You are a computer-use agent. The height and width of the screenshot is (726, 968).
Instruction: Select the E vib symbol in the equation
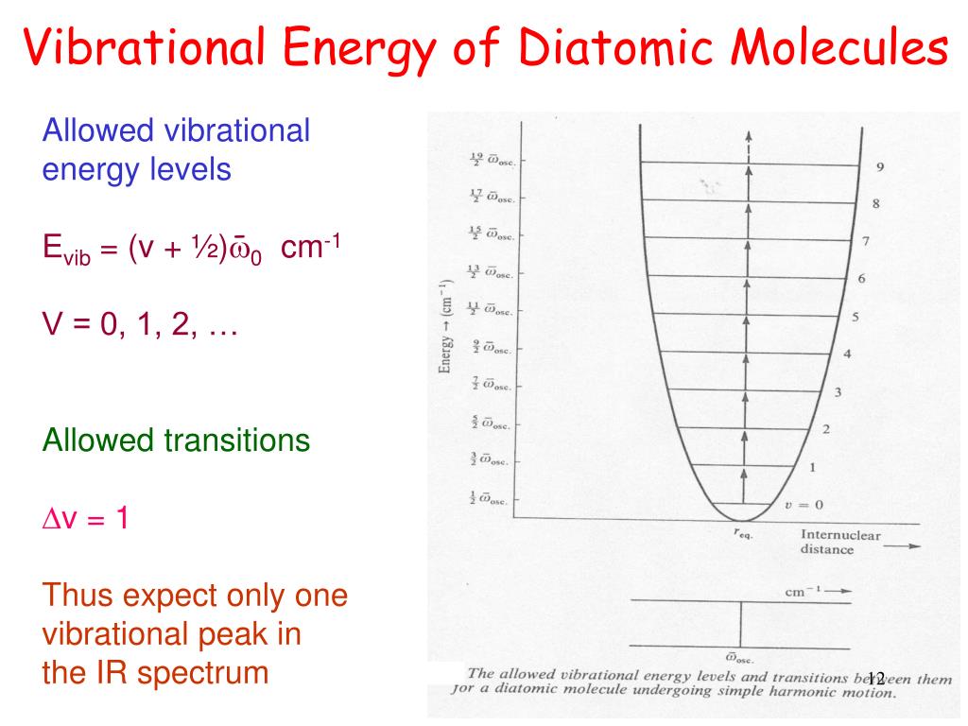pos(65,251)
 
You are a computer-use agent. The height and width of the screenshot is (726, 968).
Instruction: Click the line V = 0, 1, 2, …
pos(140,327)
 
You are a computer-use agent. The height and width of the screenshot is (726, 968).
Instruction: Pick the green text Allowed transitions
pos(177,440)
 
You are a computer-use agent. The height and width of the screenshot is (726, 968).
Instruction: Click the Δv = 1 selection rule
pos(86,518)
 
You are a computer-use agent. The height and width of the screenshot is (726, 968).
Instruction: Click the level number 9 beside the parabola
pos(880,167)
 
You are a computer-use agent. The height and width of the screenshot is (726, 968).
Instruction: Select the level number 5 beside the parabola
pos(855,318)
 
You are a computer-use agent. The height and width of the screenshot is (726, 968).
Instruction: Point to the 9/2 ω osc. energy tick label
pos(492,348)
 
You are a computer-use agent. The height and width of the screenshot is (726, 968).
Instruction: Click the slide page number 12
pos(873,678)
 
